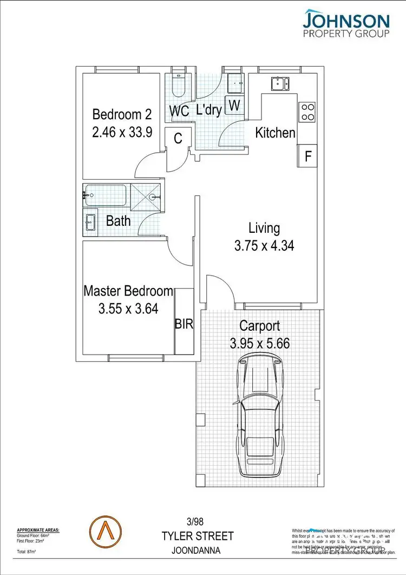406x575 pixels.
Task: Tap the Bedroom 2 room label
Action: (x=122, y=115)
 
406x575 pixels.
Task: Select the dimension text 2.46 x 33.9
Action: (x=122, y=133)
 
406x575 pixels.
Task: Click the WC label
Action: (x=179, y=111)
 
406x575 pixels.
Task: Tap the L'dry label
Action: (x=209, y=110)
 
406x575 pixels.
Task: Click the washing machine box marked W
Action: (x=234, y=105)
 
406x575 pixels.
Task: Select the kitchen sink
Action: (x=279, y=83)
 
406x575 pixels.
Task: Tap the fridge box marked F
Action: (x=307, y=156)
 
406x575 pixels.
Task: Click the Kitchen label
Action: (x=275, y=133)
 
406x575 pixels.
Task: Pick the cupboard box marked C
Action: (x=178, y=139)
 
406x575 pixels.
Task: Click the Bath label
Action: (x=118, y=221)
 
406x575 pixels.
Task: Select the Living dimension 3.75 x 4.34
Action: (x=264, y=246)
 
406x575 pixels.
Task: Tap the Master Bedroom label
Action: (x=128, y=291)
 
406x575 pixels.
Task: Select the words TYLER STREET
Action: (x=198, y=537)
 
